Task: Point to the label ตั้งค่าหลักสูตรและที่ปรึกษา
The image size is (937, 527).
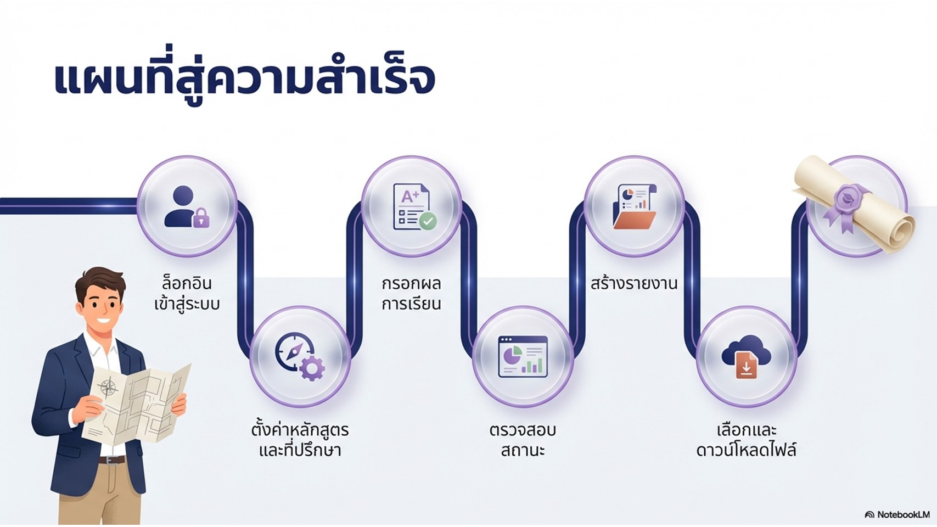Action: pos(300,440)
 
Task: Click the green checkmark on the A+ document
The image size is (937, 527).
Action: pos(428,221)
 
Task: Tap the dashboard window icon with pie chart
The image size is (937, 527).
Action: pos(523,357)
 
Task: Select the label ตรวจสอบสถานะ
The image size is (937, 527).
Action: pos(523,440)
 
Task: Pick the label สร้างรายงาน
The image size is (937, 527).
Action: pos(634,283)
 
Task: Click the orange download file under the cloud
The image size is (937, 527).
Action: pos(747,365)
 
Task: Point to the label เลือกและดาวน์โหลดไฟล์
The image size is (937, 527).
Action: pos(747,440)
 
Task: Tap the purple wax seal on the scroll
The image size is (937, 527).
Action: pos(849,201)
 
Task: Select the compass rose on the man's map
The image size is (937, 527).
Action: pos(108,388)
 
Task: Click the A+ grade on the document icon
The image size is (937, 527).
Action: pos(410,197)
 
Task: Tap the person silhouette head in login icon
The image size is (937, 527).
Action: pos(183,197)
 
